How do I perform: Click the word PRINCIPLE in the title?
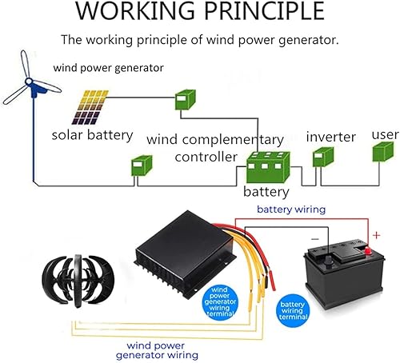coord(266,12)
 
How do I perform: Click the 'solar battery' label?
coord(92,134)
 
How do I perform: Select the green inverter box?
coord(323,157)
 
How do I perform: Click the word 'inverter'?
coord(330,137)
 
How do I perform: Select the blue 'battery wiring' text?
coord(290,209)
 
